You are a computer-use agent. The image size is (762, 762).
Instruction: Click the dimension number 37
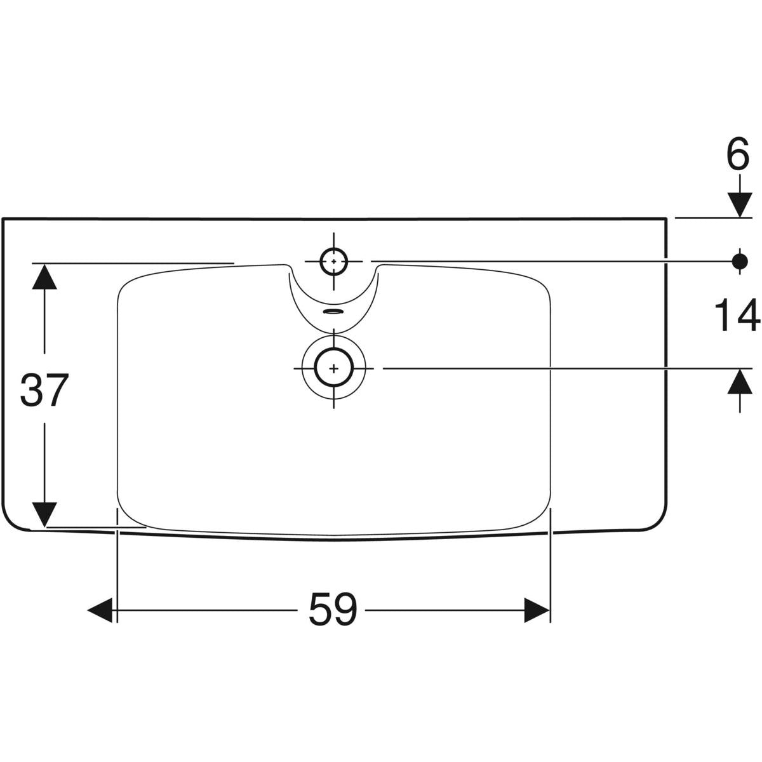(x=44, y=389)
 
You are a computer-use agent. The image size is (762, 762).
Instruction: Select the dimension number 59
(x=333, y=610)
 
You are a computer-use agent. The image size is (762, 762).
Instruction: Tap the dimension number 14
(x=737, y=316)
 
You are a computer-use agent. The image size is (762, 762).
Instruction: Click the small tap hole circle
(x=334, y=262)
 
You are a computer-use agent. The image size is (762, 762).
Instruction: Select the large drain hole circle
(x=334, y=368)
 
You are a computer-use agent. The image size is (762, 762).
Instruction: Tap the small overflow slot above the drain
(x=334, y=311)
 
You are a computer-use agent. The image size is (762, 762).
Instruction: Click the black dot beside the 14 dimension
(x=740, y=261)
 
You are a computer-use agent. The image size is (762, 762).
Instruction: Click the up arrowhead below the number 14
(x=740, y=381)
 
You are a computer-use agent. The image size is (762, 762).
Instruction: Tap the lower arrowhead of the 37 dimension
(x=44, y=514)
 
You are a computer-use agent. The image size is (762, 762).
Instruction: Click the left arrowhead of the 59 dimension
(x=100, y=610)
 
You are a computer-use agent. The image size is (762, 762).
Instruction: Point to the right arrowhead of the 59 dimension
(x=537, y=610)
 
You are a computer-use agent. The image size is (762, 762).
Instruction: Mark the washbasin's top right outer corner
(x=667, y=218)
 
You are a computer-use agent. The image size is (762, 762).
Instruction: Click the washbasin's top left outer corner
(x=3, y=218)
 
